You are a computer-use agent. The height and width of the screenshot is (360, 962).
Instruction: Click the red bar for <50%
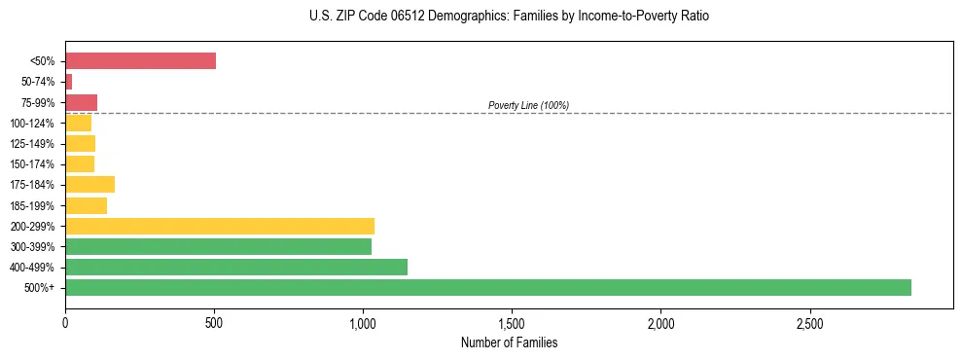click(140, 61)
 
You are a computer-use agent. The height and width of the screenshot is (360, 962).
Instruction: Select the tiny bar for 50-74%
click(69, 82)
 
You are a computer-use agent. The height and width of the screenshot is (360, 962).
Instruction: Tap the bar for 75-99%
click(82, 102)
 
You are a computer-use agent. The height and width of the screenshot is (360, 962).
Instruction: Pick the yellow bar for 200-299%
click(220, 226)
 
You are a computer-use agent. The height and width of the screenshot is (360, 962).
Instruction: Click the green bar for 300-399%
click(218, 246)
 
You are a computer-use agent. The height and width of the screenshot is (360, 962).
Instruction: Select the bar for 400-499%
click(236, 267)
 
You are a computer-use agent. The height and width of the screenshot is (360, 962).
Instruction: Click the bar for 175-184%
click(90, 185)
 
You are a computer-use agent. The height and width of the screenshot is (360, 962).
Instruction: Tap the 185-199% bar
click(87, 205)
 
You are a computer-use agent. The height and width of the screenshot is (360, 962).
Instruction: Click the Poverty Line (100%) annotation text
click(528, 105)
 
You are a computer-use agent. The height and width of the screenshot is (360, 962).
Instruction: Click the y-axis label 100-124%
click(32, 124)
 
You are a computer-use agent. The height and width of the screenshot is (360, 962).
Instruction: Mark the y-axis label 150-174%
click(32, 164)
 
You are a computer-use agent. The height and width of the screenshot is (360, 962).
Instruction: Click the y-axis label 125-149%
click(32, 144)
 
